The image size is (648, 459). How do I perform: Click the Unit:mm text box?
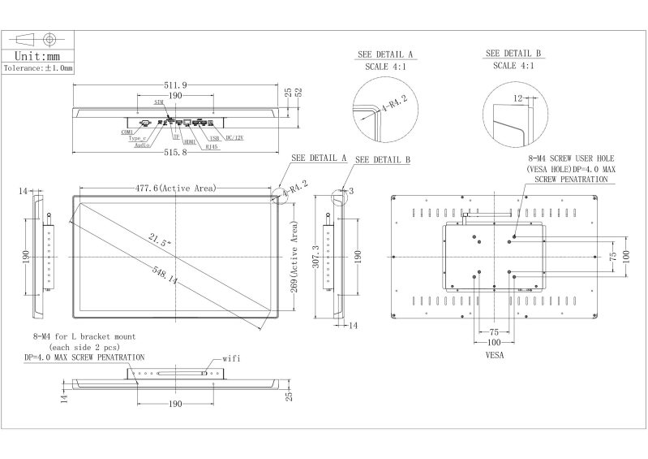tap(38, 56)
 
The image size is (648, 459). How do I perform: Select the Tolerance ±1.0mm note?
tap(38, 69)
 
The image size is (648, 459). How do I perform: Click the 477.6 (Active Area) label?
tap(176, 188)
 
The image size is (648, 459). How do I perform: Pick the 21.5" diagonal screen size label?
tap(160, 240)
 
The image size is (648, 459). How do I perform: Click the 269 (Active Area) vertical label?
tap(294, 260)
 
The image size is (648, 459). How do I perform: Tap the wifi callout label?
tap(233, 357)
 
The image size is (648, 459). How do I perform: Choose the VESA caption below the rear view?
tap(496, 355)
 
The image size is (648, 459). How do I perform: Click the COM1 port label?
tap(127, 132)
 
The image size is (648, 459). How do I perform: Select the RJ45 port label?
tap(212, 147)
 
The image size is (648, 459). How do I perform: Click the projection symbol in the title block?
tap(38, 39)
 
